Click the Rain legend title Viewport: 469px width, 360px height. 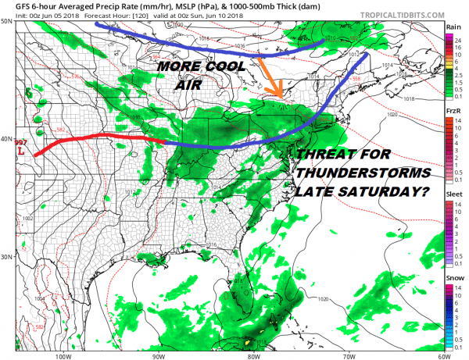(453, 27)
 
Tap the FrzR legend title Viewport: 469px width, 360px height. (453, 112)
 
